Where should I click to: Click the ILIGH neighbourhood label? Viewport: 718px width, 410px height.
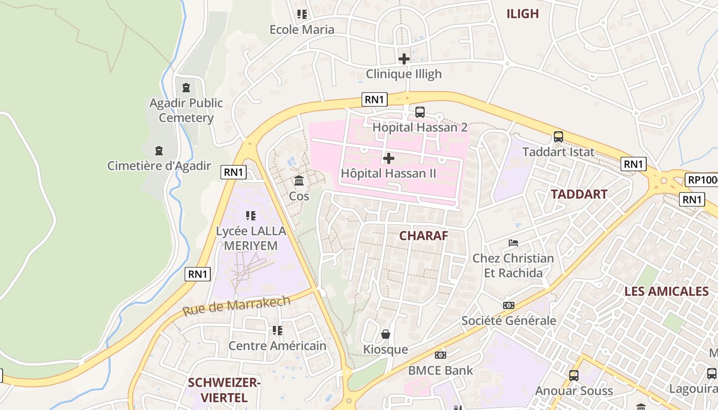[523, 14]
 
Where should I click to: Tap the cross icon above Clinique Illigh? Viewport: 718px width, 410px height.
[404, 59]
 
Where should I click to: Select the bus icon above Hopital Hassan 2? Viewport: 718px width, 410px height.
[420, 112]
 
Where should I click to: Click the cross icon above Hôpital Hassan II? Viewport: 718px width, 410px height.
[389, 158]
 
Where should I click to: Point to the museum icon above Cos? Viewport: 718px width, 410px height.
[299, 180]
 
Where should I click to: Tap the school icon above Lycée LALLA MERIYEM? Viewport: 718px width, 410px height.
[250, 216]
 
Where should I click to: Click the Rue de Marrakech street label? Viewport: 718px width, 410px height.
[236, 305]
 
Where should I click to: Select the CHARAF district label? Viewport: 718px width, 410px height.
[424, 236]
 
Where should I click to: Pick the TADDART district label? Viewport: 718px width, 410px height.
[579, 194]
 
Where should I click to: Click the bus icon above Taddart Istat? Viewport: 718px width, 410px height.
[559, 137]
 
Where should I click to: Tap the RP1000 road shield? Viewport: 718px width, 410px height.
[702, 180]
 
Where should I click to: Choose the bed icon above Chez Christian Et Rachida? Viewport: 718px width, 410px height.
[513, 243]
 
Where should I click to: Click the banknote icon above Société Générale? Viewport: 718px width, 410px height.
[509, 305]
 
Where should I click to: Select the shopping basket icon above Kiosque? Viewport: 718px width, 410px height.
[386, 334]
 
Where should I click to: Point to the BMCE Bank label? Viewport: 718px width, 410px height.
[441, 370]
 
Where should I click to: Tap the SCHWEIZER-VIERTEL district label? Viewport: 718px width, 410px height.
[224, 389]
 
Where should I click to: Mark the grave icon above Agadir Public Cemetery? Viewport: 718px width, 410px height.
[186, 88]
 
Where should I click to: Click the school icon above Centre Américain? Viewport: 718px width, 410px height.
[277, 331]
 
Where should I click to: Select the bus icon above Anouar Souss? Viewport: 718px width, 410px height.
[574, 375]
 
